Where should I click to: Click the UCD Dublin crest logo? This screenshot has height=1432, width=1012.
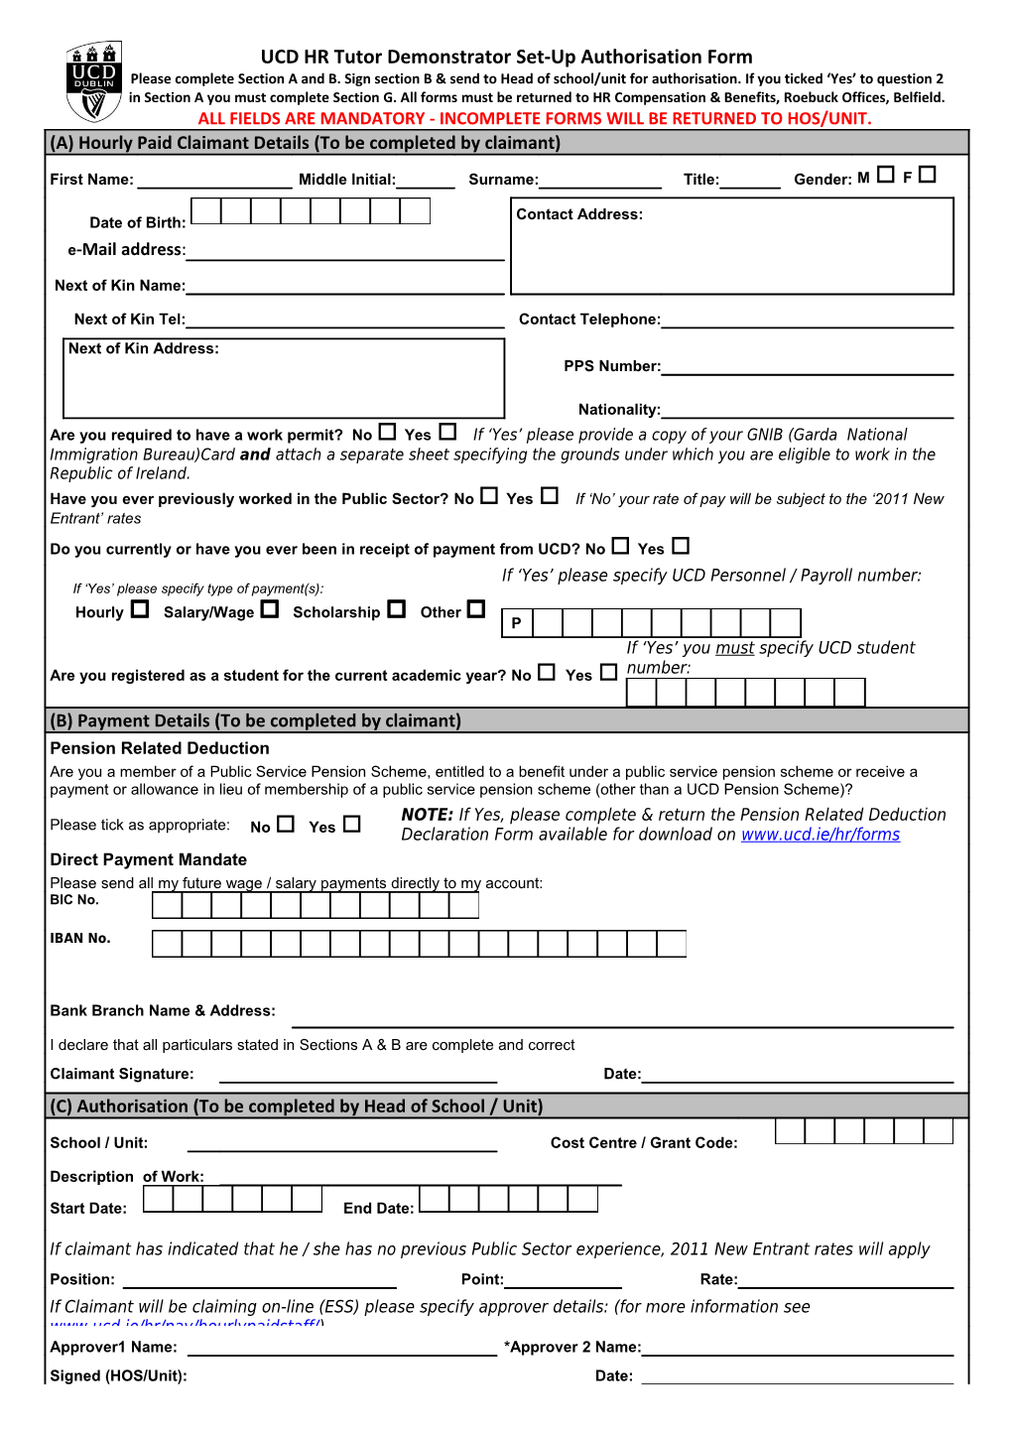click(93, 79)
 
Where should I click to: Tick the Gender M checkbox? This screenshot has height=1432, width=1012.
click(886, 175)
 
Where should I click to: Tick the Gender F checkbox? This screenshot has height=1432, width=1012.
click(928, 175)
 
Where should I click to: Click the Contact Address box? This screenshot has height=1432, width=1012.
click(732, 246)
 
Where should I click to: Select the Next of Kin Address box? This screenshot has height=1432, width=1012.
click(284, 378)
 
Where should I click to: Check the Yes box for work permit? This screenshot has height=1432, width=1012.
click(447, 432)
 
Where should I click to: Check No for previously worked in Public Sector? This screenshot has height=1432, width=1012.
click(489, 495)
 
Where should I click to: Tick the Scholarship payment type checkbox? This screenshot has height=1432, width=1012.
click(397, 609)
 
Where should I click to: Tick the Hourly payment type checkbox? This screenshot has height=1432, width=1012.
click(140, 609)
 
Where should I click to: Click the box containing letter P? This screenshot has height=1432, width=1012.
click(516, 623)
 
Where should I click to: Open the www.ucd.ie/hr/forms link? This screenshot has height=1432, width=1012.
click(821, 835)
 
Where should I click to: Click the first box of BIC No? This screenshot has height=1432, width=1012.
click(167, 905)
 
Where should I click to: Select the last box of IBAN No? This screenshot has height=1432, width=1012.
click(672, 944)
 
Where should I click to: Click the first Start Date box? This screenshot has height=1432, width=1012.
click(158, 1200)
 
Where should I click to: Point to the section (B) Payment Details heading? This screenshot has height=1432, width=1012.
click(256, 720)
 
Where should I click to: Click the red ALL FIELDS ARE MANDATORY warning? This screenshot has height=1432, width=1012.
click(534, 118)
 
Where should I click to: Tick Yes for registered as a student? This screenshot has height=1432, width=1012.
click(608, 672)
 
